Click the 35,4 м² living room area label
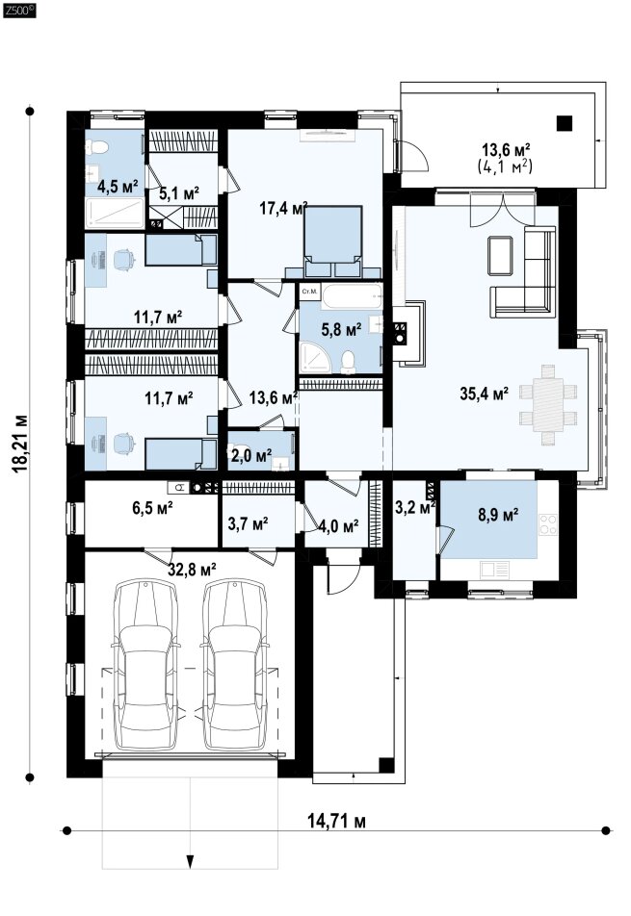(x=484, y=394)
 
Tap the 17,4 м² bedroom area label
(x=283, y=208)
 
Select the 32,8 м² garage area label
(x=193, y=569)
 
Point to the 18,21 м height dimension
(x=21, y=444)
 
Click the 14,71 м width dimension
(x=337, y=821)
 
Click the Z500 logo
(x=19, y=10)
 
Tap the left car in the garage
(x=145, y=665)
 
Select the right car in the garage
(x=235, y=665)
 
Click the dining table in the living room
(x=548, y=405)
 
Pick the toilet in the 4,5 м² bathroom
(x=96, y=147)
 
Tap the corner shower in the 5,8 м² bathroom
(x=315, y=358)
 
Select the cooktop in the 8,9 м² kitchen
(x=547, y=524)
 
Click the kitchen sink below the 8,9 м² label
(x=494, y=569)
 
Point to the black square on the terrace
(x=564, y=123)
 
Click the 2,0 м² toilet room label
(x=250, y=455)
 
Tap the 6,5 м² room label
(x=152, y=508)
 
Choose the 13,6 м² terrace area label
(x=505, y=150)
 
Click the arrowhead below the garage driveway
(x=190, y=860)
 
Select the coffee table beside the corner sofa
(x=500, y=255)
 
